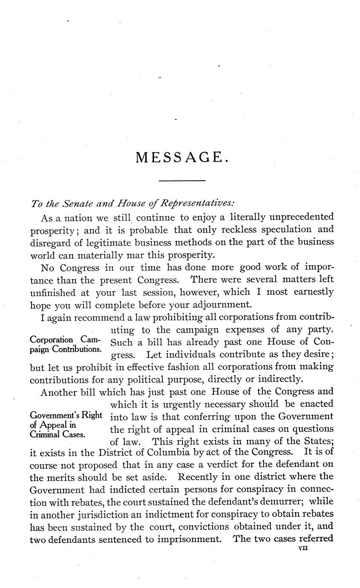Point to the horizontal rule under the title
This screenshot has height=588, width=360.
coord(182,182)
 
